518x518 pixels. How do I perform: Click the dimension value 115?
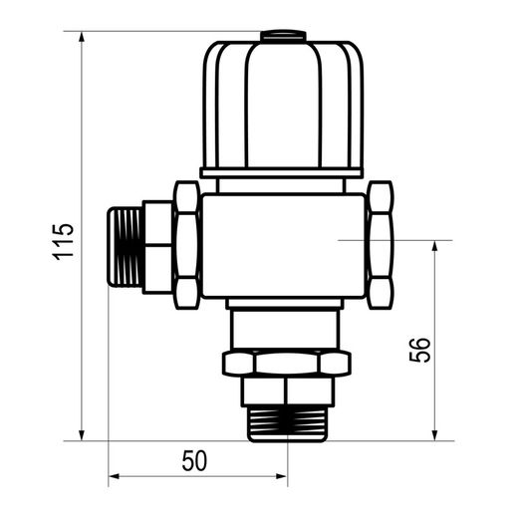pos(63,242)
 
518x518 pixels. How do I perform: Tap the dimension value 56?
pos(420,350)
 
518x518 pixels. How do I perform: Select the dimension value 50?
pos(194,460)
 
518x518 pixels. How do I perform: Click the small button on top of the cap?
pos(283,36)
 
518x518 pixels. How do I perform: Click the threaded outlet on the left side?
pos(126,246)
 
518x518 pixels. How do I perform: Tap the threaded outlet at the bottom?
pos(288,424)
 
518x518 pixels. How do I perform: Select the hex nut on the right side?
pos(380,245)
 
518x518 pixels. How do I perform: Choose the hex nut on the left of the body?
pos(187,245)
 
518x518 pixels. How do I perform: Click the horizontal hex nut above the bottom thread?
pos(287,363)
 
